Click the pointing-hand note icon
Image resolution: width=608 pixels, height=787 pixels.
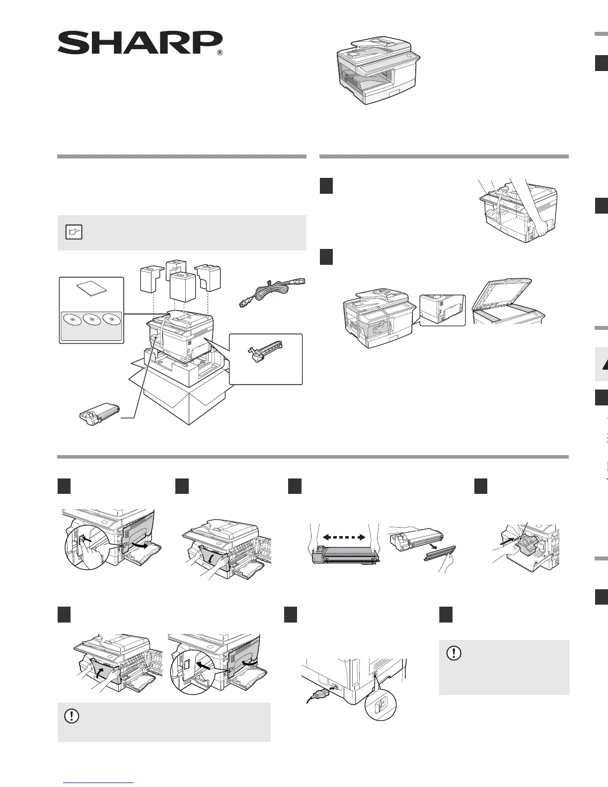pyautogui.click(x=74, y=232)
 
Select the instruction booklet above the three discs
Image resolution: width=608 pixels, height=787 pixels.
pyautogui.click(x=91, y=290)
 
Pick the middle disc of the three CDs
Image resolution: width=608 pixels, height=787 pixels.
pyautogui.click(x=92, y=319)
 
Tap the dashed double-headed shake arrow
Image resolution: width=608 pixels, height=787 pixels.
pyautogui.click(x=344, y=537)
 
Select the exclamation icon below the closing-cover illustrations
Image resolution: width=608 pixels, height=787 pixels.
pyautogui.click(x=72, y=716)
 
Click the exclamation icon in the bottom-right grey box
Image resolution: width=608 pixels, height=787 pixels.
pyautogui.click(x=454, y=653)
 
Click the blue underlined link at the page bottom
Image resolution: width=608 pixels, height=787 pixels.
pyautogui.click(x=99, y=783)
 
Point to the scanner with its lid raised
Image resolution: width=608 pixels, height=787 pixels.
pyautogui.click(x=508, y=303)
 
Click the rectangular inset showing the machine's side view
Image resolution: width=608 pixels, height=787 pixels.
pyautogui.click(x=443, y=310)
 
